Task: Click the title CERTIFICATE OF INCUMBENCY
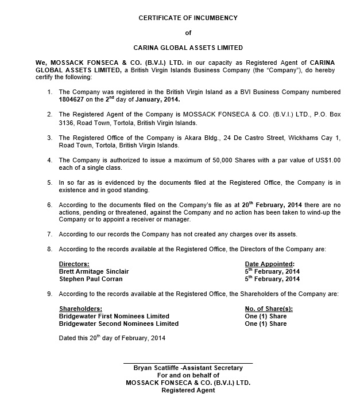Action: pos(188,18)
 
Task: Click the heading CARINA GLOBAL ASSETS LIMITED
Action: pos(188,48)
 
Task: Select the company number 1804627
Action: pos(72,99)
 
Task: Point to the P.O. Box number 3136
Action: pos(68,123)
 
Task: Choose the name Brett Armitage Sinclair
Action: pos(94,271)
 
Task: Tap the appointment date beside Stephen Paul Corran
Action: pos(272,279)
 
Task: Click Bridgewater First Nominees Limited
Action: pos(114,316)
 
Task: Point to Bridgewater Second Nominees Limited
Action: pos(118,324)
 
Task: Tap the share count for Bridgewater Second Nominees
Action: pos(265,324)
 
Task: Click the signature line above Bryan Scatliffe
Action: pos(188,363)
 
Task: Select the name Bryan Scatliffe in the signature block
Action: pos(156,368)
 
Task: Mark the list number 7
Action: pos(50,234)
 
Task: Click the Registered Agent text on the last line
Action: pos(188,390)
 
